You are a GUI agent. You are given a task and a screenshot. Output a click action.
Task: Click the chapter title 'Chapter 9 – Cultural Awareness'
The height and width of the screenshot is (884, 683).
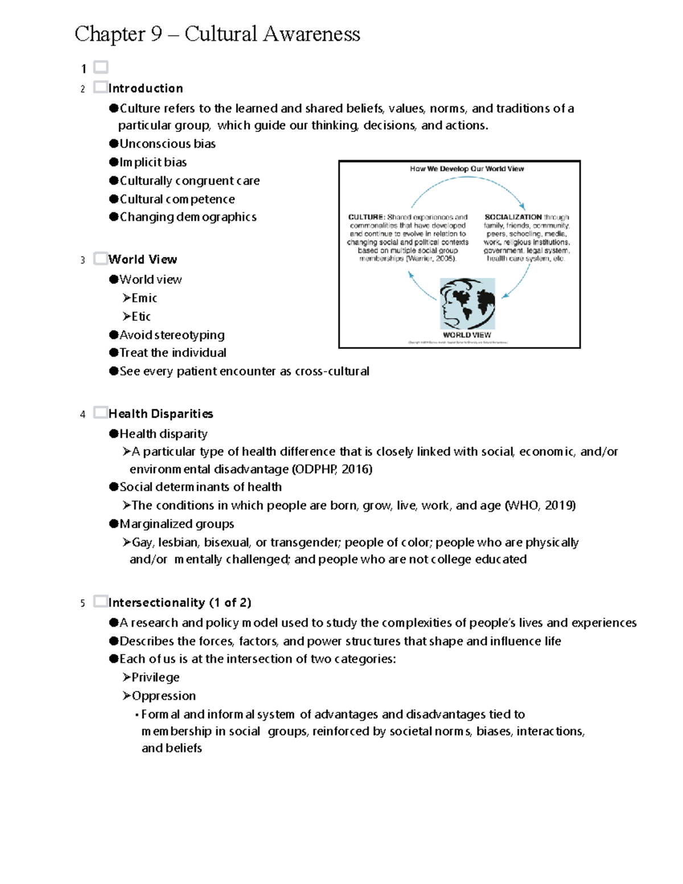217,34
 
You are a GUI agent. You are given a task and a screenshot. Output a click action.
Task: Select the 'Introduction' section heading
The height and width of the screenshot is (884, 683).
146,88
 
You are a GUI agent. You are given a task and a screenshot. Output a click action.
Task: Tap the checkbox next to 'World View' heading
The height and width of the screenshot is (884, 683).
101,258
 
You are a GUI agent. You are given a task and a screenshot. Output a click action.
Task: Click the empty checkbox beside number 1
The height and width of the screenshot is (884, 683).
101,68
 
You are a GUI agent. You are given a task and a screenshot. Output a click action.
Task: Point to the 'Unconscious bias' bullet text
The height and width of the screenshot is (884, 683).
167,144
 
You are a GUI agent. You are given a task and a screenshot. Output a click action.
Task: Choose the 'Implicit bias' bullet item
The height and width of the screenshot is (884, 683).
153,162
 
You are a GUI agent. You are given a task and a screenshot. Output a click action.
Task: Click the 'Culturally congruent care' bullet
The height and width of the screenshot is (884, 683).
189,181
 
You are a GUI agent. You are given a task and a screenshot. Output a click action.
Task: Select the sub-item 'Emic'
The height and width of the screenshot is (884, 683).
144,298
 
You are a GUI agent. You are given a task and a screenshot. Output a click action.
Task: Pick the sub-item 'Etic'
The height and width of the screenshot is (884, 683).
141,316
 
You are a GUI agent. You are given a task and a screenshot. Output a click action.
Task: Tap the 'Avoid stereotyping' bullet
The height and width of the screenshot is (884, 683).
172,335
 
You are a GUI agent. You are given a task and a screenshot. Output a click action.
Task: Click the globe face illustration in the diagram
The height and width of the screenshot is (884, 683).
467,303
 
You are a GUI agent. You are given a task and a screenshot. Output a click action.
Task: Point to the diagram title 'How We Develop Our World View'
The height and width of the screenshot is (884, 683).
467,169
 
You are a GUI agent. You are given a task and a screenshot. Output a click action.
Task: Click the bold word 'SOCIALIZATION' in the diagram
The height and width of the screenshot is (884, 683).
513,217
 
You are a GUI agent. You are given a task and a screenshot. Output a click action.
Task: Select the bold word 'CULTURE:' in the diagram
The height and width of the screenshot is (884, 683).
367,217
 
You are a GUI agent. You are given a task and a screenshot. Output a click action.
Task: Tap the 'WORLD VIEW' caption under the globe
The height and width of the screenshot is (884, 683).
467,335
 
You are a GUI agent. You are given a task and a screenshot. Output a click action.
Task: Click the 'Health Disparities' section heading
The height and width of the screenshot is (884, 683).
161,414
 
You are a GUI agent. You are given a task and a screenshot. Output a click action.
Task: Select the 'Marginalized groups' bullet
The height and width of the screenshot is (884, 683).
176,524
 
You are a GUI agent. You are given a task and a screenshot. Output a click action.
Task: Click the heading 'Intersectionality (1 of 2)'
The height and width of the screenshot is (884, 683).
180,602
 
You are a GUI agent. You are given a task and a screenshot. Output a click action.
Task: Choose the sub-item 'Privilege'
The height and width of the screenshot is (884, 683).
155,677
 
